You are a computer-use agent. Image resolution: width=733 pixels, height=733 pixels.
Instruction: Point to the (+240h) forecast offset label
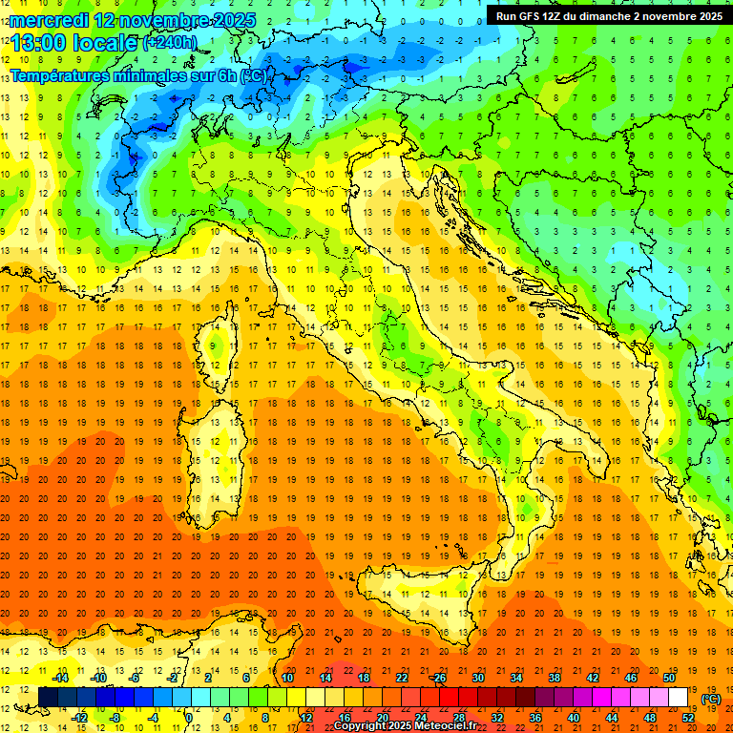[x=170, y=43]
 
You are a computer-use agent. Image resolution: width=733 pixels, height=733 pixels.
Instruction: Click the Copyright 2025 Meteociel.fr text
[x=411, y=725]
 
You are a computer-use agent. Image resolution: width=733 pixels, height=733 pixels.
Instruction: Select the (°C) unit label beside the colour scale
[x=711, y=698]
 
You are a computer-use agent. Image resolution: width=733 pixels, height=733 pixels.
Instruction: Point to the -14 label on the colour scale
[x=60, y=678]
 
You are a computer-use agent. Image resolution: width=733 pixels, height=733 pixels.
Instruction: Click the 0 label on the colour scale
[x=189, y=717]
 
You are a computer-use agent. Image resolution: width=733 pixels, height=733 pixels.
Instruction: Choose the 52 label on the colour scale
[x=688, y=717]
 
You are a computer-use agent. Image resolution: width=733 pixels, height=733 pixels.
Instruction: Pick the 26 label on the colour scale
[x=438, y=678]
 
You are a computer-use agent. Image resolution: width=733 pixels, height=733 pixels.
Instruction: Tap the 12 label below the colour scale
[x=306, y=717]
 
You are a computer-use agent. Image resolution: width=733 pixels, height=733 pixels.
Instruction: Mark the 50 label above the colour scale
[x=668, y=678]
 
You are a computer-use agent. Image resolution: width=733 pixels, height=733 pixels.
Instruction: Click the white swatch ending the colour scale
[x=678, y=697]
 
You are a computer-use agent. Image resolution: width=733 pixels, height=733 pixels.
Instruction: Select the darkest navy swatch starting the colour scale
[x=48, y=697]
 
